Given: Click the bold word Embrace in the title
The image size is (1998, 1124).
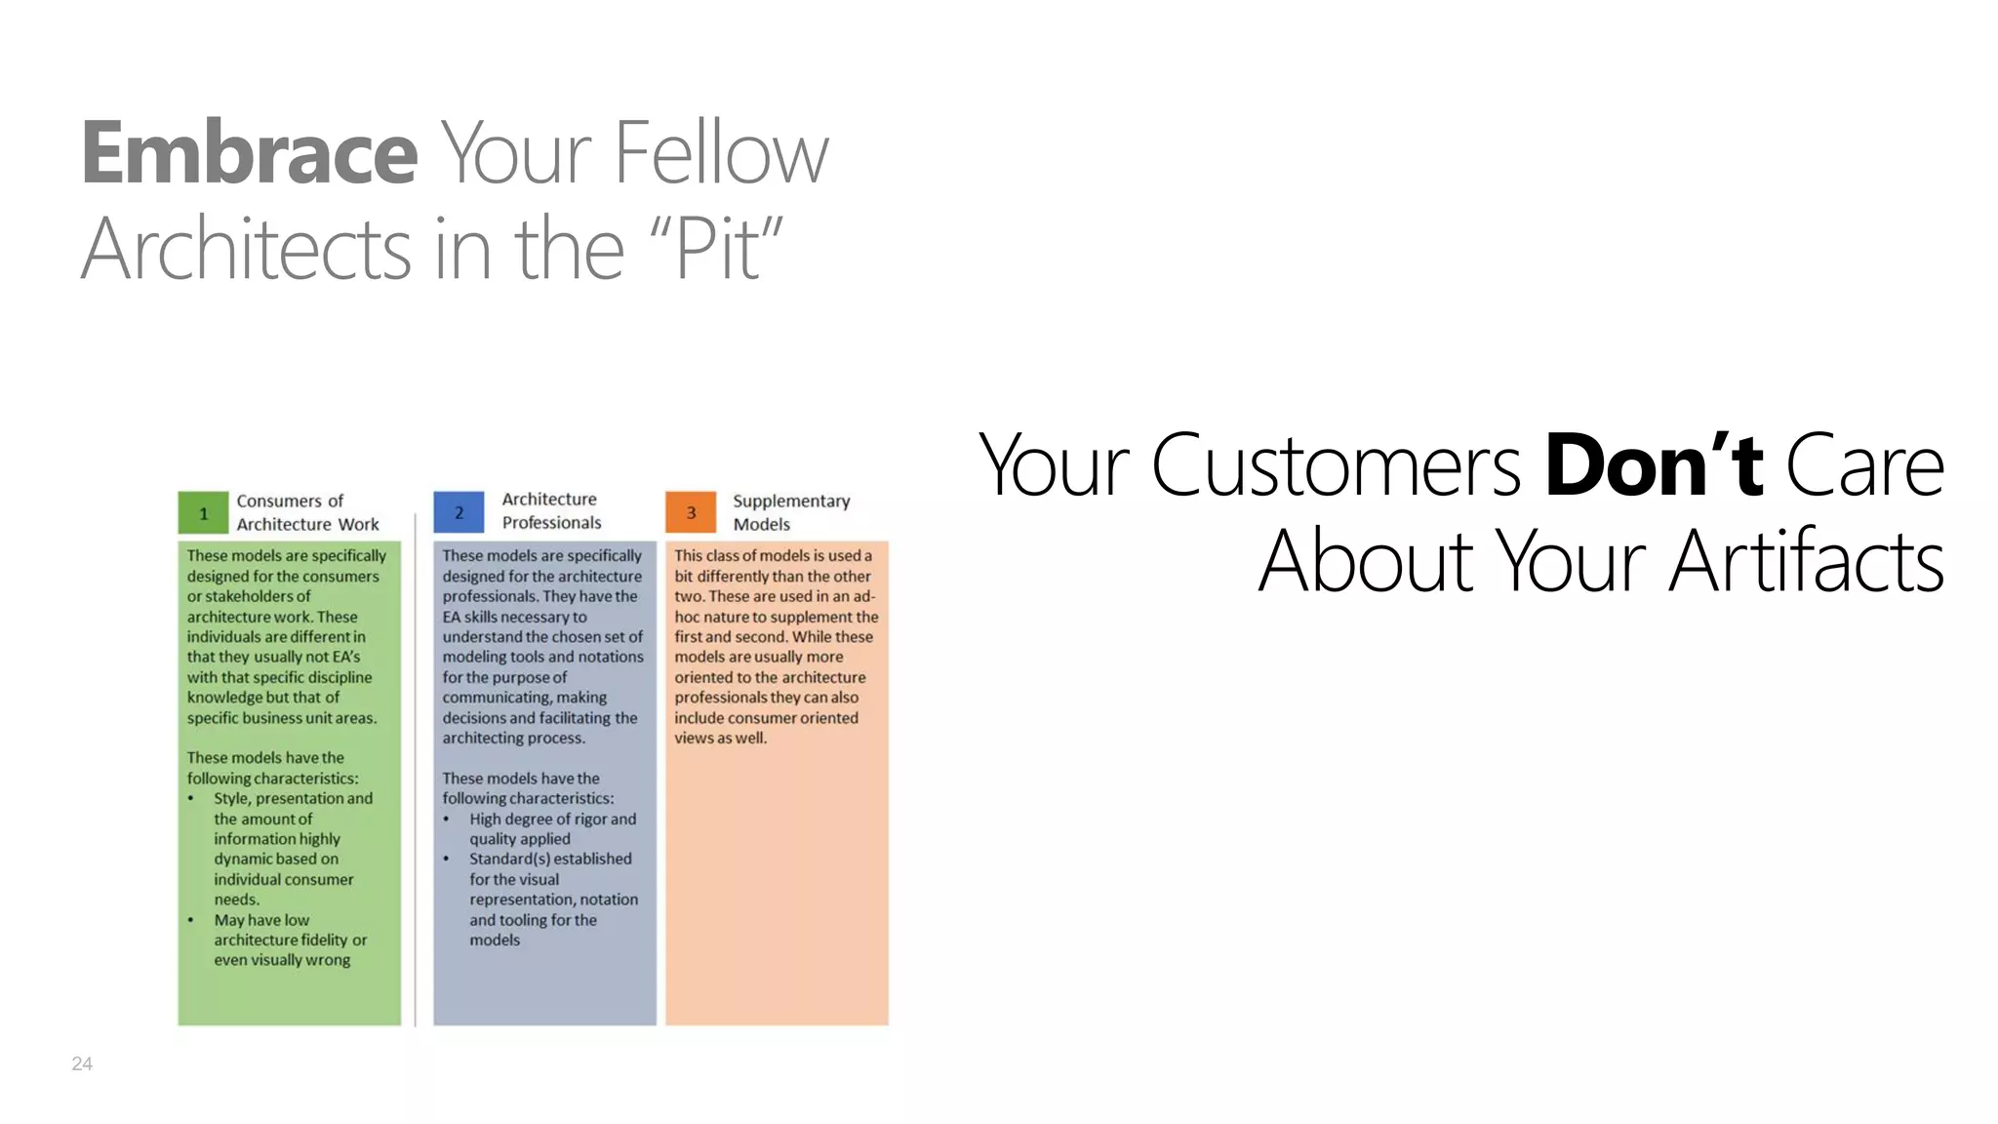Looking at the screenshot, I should (250, 153).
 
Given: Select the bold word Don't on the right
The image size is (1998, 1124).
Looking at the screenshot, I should (1654, 465).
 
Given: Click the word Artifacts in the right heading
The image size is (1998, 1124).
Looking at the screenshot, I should (1806, 561).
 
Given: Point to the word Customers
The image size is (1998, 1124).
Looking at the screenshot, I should (1336, 465).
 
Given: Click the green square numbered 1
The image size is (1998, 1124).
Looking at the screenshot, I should (203, 513).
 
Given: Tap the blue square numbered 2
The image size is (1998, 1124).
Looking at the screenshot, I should (459, 512).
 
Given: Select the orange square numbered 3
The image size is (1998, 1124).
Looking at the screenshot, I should (691, 512).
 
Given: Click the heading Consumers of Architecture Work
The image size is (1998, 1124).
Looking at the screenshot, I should (307, 512).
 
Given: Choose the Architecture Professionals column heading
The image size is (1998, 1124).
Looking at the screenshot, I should (551, 510).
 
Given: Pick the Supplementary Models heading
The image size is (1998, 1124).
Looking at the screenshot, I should (791, 512).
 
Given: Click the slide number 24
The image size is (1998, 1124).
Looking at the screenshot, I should (82, 1064).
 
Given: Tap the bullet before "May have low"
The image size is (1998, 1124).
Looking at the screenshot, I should (191, 920).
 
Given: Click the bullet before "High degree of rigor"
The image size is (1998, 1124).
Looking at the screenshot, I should (447, 820).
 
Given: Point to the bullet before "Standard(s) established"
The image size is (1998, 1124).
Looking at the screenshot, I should (447, 860).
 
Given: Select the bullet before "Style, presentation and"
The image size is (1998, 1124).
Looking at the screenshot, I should (191, 799).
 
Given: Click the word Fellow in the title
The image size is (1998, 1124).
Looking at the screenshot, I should (721, 153).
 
